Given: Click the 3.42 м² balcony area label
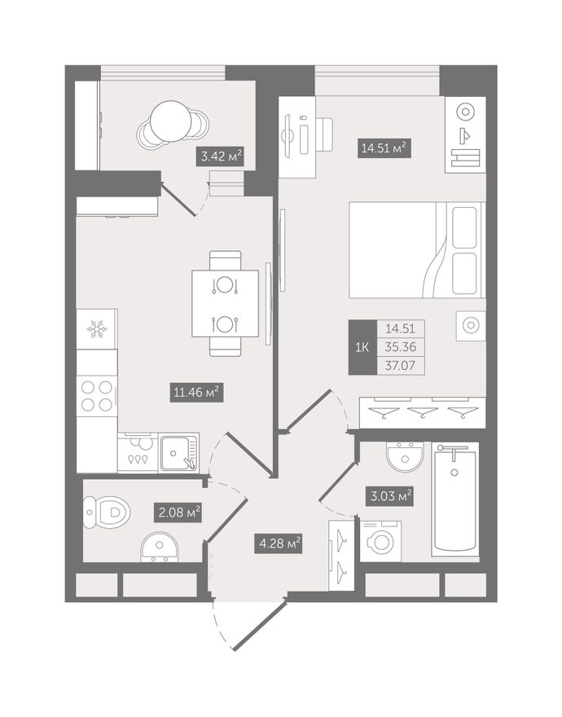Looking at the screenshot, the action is pos(222,156).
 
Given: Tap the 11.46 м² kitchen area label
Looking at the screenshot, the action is pos(196,392).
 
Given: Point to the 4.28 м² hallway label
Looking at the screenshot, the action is pos(278,543).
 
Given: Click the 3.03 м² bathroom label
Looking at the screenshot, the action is pos(389,495).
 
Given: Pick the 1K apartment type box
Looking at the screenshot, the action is pos(362,347).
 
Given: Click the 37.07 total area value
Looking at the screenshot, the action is pos(401,366).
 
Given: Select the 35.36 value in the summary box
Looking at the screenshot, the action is pos(401,347).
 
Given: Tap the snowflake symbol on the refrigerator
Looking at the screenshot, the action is pos(96,329).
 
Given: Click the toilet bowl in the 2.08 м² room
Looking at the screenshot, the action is pos(108,512).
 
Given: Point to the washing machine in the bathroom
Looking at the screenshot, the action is pos(381,541).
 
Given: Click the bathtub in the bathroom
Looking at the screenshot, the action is pos(455,499).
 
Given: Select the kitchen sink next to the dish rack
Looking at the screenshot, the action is pos(179,452).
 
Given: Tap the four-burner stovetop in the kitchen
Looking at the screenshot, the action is pos(96,395).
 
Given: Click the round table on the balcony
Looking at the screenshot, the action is pos(171,121).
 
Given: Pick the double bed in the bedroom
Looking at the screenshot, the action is pos(417,249).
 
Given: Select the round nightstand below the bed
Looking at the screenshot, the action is pos(471,326).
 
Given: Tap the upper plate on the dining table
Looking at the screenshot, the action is pos(225,285).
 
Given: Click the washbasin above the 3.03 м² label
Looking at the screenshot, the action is pos(405,456).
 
